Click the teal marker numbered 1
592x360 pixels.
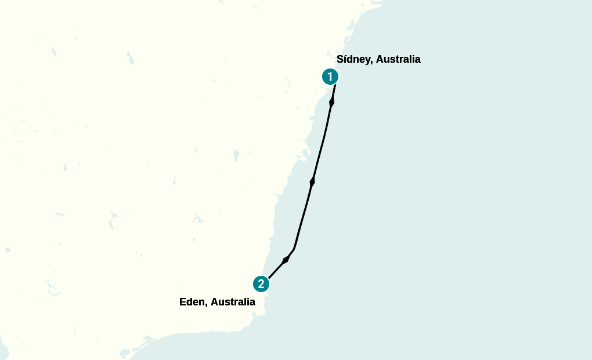coord(330,76)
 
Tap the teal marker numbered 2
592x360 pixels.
coord(261,284)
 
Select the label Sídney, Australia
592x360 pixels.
coord(378,59)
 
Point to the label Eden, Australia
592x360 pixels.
coord(217,302)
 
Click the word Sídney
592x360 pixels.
coord(352,59)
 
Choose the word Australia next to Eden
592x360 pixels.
coord(233,302)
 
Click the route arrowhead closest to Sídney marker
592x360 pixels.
coord(331,102)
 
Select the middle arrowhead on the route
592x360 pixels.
coord(312,182)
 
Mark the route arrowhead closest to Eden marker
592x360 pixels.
coord(285,260)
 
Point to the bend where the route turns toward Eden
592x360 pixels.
coord(294,249)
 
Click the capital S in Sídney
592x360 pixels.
coord(340,59)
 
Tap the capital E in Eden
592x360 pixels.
coord(183,302)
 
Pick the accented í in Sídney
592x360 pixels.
coord(345,59)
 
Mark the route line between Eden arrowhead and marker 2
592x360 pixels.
coord(275,271)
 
